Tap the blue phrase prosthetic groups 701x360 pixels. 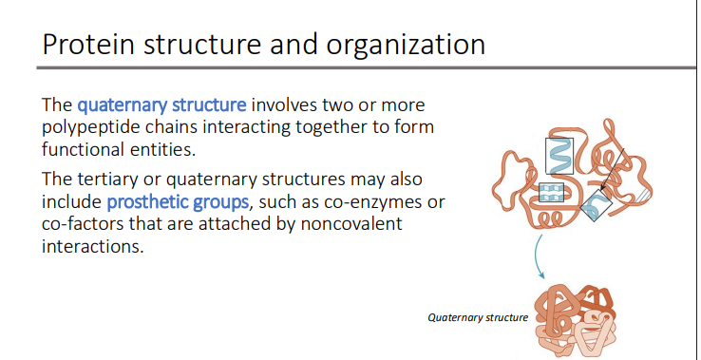click(176, 201)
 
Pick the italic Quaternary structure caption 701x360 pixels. click(479, 316)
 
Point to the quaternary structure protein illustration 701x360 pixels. click(574, 319)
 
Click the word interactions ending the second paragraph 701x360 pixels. click(91, 247)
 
